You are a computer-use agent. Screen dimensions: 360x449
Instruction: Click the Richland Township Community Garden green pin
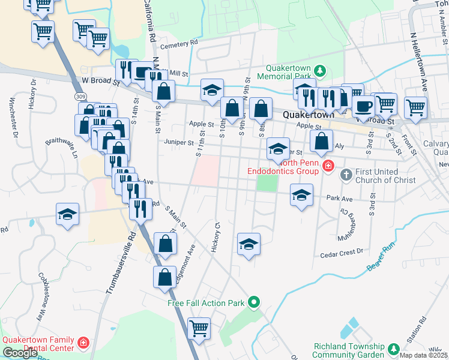394,348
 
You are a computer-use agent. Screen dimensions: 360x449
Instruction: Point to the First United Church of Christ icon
345,175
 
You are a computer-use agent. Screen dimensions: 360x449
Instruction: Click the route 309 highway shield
79,97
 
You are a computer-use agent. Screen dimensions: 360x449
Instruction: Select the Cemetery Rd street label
178,43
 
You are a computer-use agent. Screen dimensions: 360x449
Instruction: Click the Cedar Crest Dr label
343,251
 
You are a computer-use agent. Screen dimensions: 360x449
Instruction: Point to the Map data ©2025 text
424,355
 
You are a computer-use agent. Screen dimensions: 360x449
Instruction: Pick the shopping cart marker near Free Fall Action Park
199,328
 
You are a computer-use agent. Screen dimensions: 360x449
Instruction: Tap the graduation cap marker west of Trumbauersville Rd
68,214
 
